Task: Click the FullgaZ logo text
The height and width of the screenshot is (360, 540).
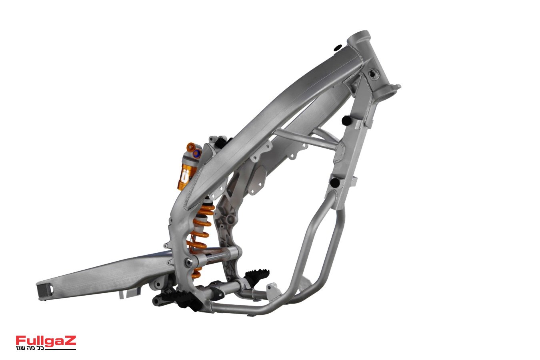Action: click(46, 341)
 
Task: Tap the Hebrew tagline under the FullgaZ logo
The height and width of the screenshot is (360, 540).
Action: click(30, 348)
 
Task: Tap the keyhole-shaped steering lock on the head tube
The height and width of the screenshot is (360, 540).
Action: click(374, 73)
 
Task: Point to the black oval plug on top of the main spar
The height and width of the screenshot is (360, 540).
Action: click(337, 48)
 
